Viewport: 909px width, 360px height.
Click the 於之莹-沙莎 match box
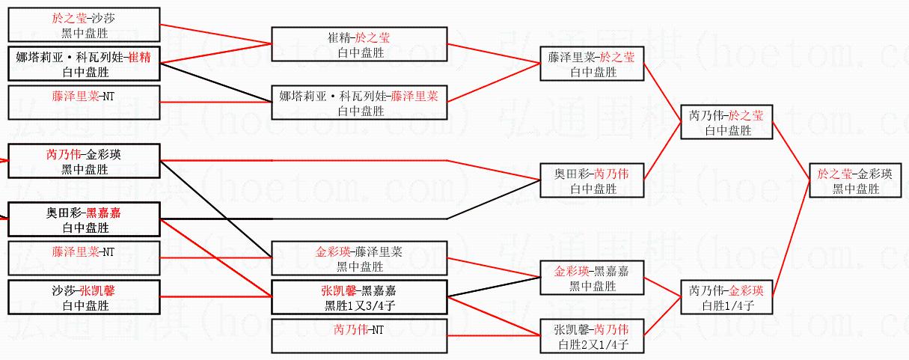[x=84, y=25]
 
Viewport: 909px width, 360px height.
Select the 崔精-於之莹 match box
[x=359, y=43]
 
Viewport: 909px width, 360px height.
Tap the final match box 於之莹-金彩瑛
[x=854, y=181]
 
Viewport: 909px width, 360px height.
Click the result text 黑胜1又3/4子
[x=359, y=305]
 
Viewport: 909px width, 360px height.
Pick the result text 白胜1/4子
[x=726, y=305]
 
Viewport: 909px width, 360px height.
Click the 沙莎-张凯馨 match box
[x=84, y=297]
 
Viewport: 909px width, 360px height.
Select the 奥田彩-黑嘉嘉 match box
[x=84, y=220]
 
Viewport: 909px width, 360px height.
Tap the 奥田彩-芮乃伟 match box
[x=591, y=181]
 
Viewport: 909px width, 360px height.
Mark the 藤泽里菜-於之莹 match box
[x=591, y=64]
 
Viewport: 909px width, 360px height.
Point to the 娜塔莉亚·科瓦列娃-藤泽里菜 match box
[x=359, y=103]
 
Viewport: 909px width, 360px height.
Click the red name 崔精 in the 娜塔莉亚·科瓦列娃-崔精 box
[x=139, y=57]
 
